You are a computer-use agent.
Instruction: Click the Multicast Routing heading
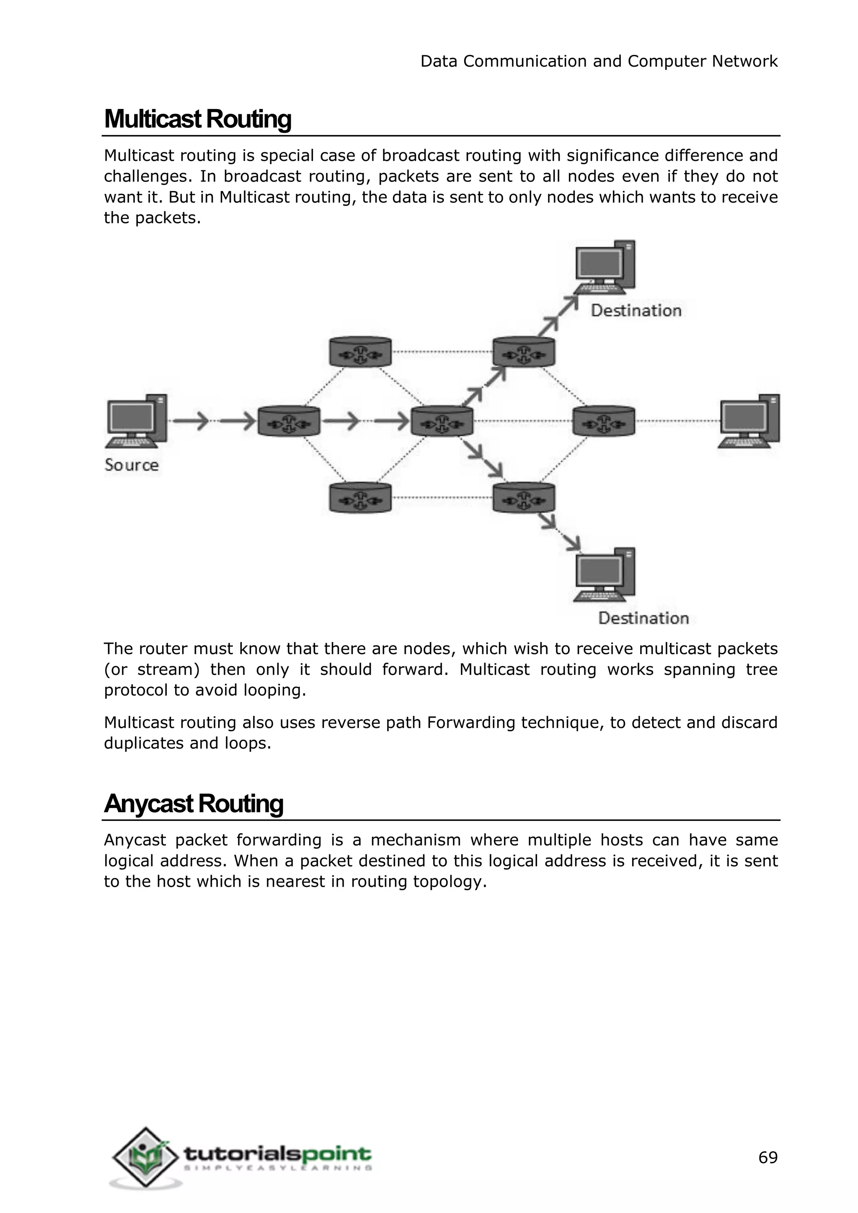coord(198,119)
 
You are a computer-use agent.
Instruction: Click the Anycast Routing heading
coord(194,803)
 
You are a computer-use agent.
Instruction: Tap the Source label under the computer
coord(132,465)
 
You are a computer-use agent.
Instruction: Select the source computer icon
coord(137,421)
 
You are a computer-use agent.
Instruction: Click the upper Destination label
coord(636,311)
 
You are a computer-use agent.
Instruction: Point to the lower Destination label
coord(643,618)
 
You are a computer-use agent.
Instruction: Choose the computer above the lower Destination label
coord(605,575)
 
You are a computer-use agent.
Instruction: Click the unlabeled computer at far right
coord(749,421)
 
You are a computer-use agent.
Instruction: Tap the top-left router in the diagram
coord(360,352)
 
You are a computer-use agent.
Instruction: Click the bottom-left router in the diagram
coord(360,498)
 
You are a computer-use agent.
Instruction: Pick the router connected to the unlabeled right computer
coord(604,421)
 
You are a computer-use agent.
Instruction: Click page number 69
coord(768,1158)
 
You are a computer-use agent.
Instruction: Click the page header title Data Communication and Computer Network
coord(599,61)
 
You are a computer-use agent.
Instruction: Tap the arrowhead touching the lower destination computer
coord(574,543)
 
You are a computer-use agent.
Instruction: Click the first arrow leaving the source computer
coord(191,421)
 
